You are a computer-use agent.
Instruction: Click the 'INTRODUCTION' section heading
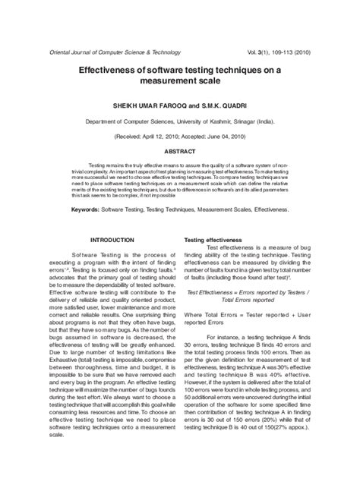112,240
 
